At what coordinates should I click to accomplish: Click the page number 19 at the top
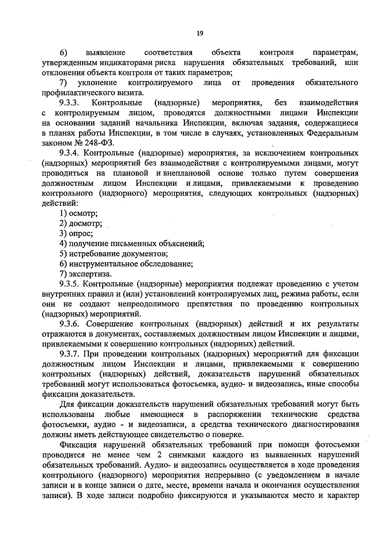click(200, 33)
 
